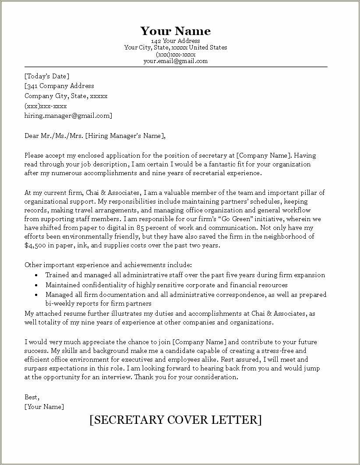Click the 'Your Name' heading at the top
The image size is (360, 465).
175,31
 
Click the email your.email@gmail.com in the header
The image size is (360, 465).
175,61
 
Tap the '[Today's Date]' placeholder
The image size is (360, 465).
47,76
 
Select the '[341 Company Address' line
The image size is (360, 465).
59,86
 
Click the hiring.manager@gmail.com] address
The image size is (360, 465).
68,116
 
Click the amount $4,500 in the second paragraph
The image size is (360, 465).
36,246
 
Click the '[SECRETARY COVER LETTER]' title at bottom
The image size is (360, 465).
175,420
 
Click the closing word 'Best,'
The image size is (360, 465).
32,397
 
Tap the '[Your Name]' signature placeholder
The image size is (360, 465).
44,407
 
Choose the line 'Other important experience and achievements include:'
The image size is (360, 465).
108,265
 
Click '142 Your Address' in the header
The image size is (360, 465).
175,41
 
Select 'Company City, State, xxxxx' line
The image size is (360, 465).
66,96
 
